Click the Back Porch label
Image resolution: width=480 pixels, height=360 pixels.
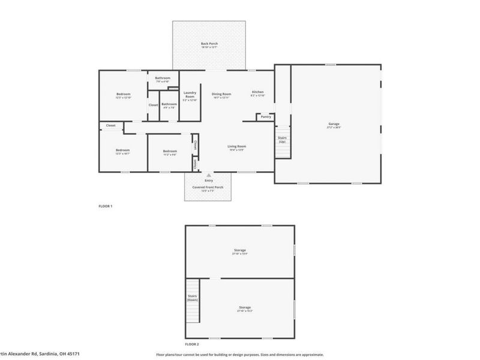[x=209, y=44]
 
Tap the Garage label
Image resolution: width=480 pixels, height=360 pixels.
[x=333, y=124]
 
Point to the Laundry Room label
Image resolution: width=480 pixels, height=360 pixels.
[x=190, y=94]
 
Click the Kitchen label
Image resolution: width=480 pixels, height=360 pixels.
[x=257, y=92]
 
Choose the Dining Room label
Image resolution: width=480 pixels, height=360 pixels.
[x=221, y=94]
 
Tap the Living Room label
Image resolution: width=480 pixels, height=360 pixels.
[x=236, y=146]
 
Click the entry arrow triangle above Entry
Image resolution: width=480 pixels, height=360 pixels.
[x=209, y=175]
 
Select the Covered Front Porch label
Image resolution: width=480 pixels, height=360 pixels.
[x=208, y=187]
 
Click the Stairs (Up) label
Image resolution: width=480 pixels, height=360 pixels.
[x=282, y=139]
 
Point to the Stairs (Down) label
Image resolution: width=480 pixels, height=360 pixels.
[x=193, y=298]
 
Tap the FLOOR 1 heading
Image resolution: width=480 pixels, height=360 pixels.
[x=106, y=206]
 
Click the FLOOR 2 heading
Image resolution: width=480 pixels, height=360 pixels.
[x=191, y=344]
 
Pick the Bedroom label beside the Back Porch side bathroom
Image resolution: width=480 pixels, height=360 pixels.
[x=123, y=94]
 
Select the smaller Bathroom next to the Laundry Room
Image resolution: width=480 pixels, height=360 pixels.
[x=169, y=104]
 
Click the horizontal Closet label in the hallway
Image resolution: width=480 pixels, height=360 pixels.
[x=111, y=125]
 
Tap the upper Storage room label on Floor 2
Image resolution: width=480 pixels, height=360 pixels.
[x=240, y=250]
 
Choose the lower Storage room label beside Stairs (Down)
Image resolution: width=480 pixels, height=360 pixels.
[x=244, y=307]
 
